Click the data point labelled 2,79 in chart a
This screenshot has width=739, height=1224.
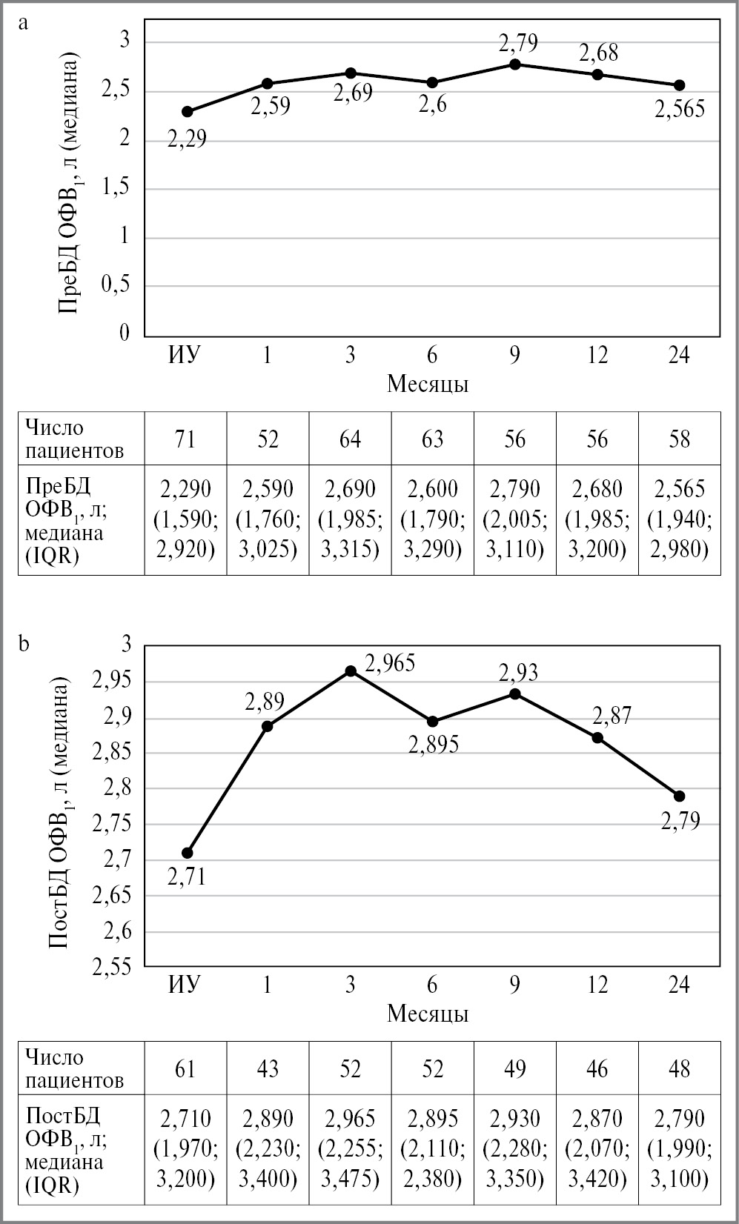coord(515,64)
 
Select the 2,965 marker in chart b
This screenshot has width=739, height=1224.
coord(351,671)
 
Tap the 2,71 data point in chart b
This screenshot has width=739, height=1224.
coord(188,853)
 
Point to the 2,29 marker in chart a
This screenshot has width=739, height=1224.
coord(188,111)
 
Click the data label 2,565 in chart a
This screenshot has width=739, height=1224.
coord(680,110)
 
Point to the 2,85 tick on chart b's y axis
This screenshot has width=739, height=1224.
coord(110,754)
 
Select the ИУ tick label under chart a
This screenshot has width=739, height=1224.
coord(185,356)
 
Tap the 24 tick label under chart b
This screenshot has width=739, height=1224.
coord(679,985)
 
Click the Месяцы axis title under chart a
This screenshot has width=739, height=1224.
coord(428,384)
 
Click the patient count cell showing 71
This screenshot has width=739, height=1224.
coord(185,439)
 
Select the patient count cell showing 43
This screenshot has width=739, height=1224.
coord(268,1068)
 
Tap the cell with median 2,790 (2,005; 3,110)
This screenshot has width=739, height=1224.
coord(514,519)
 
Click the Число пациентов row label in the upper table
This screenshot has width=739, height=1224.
coord(75,439)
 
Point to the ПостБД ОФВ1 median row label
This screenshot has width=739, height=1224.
coord(65,1148)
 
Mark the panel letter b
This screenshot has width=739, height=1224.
coord(24,645)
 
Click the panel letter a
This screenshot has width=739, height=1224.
coord(24,22)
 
